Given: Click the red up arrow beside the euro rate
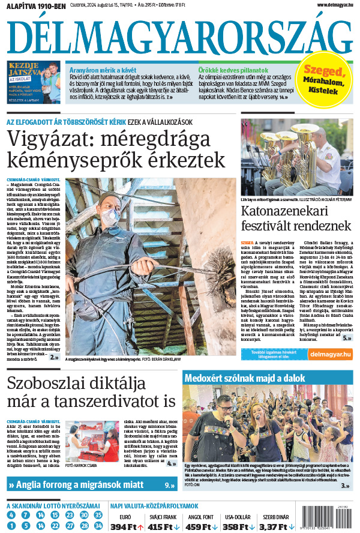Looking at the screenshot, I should point(140,527).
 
